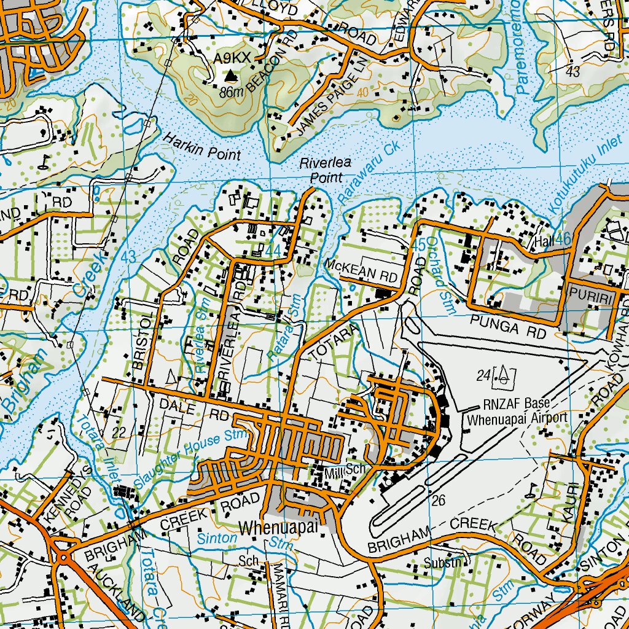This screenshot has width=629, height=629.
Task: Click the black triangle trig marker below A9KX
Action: [230, 76]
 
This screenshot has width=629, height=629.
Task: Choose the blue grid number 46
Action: [561, 240]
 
